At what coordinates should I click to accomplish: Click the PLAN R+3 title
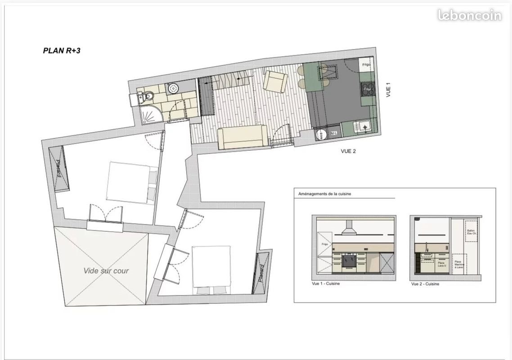coord(62,51)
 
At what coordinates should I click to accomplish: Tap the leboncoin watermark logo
coord(469,15)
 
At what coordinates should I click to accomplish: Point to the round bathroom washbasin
coord(173,89)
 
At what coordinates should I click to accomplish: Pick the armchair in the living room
coord(274,81)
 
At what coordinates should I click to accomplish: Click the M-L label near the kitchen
coord(334,134)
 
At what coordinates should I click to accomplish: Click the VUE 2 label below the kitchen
coord(348,152)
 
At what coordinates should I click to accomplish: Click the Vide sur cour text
coord(106,271)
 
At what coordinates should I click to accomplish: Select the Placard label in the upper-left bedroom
coord(59,168)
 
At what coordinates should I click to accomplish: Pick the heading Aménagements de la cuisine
coord(324,194)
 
